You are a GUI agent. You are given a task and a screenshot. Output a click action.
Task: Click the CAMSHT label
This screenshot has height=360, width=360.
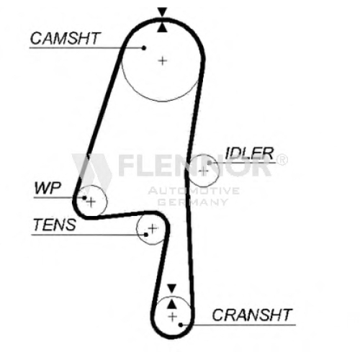point(65,38)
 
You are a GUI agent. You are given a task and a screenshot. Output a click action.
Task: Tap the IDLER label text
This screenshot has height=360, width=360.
point(250,153)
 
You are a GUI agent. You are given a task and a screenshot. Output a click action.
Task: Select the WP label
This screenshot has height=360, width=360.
point(48,188)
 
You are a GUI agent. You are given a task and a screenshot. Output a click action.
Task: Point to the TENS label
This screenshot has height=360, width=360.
point(55,225)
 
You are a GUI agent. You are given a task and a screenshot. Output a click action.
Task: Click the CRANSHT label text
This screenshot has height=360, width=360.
point(252,315)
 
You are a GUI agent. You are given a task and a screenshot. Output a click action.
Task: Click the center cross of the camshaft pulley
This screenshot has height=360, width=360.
point(163,60)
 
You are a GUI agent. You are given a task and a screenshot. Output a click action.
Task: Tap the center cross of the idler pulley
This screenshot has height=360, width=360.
point(204,171)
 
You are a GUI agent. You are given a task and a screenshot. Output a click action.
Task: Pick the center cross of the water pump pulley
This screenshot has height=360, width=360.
point(91,202)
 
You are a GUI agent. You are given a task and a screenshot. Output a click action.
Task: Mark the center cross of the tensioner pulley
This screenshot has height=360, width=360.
point(153,228)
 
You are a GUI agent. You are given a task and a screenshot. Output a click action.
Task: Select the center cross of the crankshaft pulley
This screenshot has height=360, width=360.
point(172,317)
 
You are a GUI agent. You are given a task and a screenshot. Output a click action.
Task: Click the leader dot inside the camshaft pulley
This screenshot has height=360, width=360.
point(144,48)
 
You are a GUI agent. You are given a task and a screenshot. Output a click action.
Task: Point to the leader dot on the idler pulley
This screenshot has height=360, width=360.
point(210,163)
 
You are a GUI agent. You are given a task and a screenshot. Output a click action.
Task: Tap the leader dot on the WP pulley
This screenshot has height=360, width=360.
point(84,198)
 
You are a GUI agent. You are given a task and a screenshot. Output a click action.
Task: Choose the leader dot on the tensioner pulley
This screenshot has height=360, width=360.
point(146,235)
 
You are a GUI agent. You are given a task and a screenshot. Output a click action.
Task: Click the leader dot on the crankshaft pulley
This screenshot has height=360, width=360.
point(181,325)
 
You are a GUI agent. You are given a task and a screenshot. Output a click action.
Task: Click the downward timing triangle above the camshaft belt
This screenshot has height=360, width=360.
point(162,12)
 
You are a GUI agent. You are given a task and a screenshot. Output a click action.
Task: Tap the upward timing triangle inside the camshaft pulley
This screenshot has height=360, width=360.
point(162,27)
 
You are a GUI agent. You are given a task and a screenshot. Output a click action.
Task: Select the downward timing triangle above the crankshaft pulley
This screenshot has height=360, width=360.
point(172,288)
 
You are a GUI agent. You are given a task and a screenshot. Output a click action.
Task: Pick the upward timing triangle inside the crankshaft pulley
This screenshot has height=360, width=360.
point(171,304)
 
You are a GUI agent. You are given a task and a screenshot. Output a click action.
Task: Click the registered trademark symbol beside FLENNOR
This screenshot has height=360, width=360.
point(282,159)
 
